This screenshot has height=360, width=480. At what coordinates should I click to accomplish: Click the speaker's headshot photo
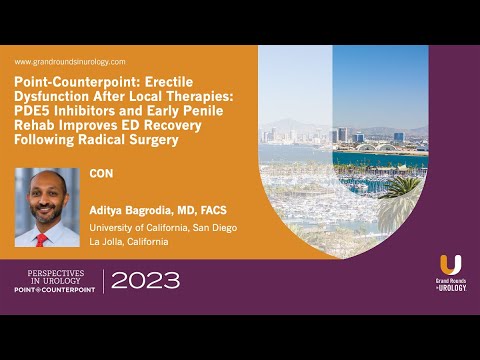pyautogui.click(x=46, y=207)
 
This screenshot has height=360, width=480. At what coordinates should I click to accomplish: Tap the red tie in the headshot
pyautogui.click(x=42, y=239)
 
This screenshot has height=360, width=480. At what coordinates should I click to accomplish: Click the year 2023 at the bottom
pyautogui.click(x=146, y=280)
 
